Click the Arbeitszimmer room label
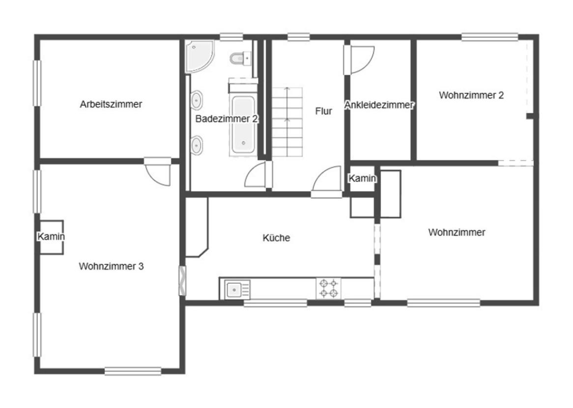click(111, 104)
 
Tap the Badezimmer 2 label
click(227, 119)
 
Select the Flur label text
click(323, 111)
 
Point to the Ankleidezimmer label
click(379, 105)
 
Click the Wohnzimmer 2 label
click(471, 95)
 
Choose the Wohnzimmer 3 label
click(111, 266)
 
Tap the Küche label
click(276, 237)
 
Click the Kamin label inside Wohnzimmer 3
click(51, 236)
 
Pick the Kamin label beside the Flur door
click(362, 178)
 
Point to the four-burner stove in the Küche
click(328, 288)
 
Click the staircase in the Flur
click(287, 122)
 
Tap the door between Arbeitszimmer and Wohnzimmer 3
click(158, 172)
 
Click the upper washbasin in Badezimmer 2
click(196, 100)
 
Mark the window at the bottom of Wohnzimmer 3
click(133, 371)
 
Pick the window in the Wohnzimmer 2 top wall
click(489, 37)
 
